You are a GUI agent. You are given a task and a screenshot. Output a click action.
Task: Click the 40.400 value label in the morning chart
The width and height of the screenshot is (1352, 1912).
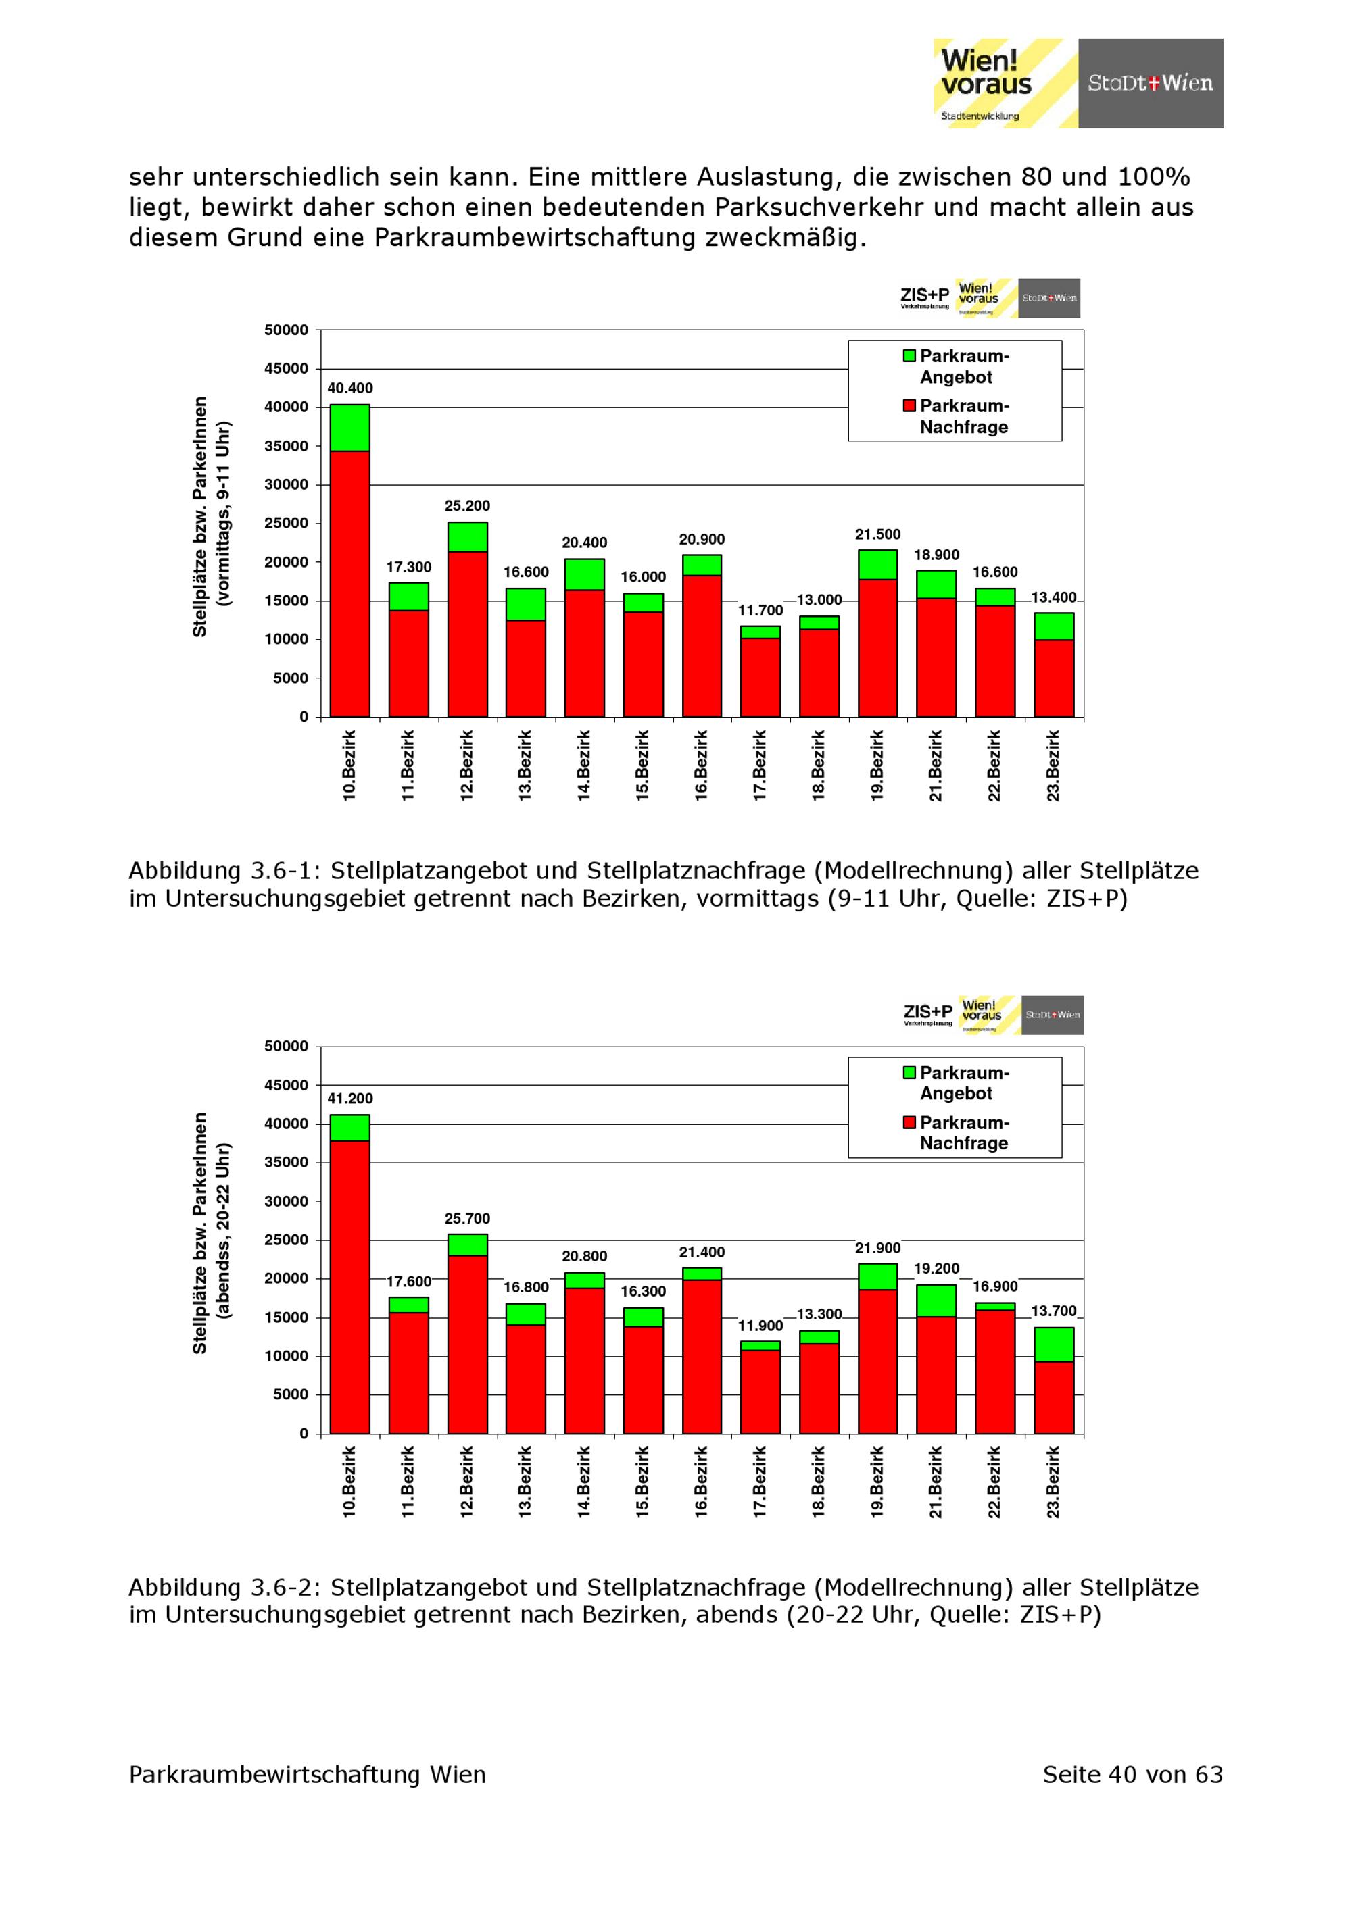click(x=350, y=388)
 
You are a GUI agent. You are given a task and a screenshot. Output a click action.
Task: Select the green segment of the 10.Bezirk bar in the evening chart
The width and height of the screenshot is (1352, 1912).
click(x=350, y=1128)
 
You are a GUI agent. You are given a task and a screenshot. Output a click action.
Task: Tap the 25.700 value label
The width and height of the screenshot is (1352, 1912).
click(x=467, y=1218)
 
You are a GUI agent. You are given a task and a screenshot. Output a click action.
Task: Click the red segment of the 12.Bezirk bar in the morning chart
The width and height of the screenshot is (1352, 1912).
click(x=467, y=633)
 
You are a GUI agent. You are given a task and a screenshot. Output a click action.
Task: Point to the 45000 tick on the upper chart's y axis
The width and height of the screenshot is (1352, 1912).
click(x=287, y=369)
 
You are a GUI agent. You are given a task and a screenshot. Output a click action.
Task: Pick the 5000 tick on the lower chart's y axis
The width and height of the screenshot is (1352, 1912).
click(x=291, y=1395)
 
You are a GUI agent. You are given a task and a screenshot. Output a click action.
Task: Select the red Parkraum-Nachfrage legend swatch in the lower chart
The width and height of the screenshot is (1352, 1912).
click(x=910, y=1123)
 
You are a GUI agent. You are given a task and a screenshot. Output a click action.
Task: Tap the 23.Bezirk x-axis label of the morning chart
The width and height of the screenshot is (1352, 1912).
click(x=1054, y=766)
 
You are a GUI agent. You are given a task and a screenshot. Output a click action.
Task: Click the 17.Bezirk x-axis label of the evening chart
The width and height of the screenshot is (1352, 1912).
click(x=760, y=1482)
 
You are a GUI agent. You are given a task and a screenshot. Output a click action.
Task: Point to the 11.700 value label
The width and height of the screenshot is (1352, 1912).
click(x=760, y=610)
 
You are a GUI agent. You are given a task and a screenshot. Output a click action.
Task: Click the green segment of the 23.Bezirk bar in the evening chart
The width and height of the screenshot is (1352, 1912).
click(x=1054, y=1344)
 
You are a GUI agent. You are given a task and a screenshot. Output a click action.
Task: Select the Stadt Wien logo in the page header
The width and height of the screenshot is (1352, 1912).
click(x=1151, y=83)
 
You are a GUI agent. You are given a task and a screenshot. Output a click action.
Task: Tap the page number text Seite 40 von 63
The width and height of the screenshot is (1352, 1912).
click(x=1132, y=1775)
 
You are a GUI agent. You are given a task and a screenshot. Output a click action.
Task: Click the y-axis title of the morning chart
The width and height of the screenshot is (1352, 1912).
click(x=212, y=517)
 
